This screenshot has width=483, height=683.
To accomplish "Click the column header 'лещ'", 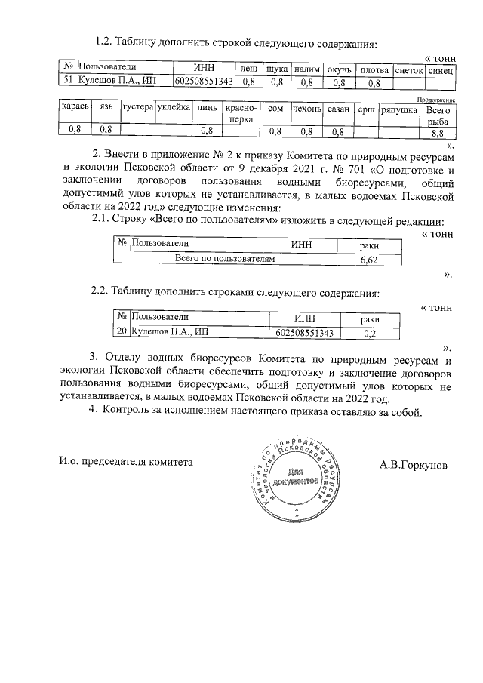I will click(x=248, y=69).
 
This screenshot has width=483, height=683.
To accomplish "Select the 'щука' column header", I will click(x=276, y=69).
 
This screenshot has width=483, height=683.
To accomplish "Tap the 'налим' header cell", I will click(x=307, y=69).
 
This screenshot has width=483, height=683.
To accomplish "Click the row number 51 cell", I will click(x=68, y=81).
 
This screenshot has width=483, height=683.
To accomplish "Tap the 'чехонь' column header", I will click(x=307, y=109).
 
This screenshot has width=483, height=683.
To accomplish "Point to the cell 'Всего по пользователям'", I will click(x=224, y=259).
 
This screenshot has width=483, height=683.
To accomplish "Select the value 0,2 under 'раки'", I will click(x=370, y=331).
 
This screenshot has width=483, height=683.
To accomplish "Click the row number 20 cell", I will click(x=121, y=331).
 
